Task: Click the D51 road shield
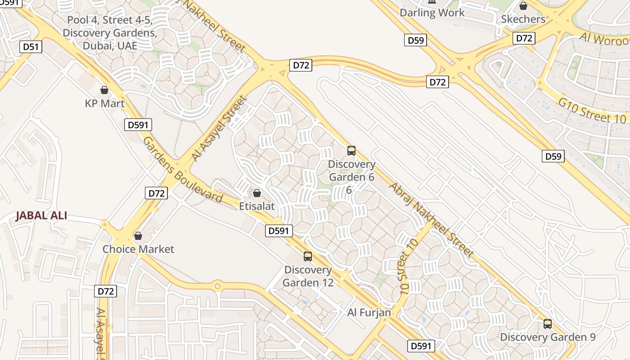[x=31, y=47]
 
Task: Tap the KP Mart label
[x=105, y=103]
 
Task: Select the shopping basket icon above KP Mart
[x=104, y=90]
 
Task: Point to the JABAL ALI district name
[x=41, y=216]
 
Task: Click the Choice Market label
[x=138, y=249]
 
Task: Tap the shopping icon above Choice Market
[x=138, y=236]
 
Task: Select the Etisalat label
[x=257, y=206]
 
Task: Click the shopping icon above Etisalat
[x=257, y=193]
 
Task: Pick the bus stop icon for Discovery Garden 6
[x=351, y=151]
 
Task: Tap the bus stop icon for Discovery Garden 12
[x=308, y=256]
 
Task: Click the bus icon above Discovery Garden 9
[x=548, y=324]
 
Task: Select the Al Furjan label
[x=369, y=312]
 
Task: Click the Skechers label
[x=523, y=19]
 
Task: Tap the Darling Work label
[x=432, y=13]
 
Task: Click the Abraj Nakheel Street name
[x=431, y=220]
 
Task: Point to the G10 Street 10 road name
[x=592, y=111]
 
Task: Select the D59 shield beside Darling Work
[x=415, y=40]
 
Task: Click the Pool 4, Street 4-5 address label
[x=110, y=33]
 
